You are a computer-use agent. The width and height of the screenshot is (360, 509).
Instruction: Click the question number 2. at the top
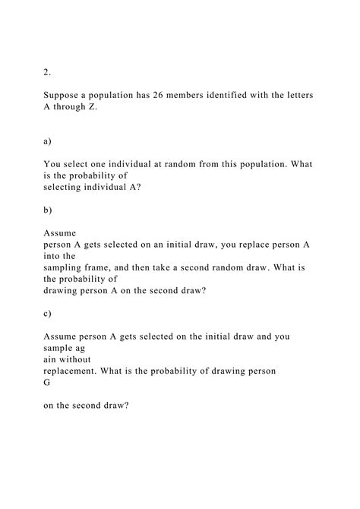pyautogui.click(x=47, y=72)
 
